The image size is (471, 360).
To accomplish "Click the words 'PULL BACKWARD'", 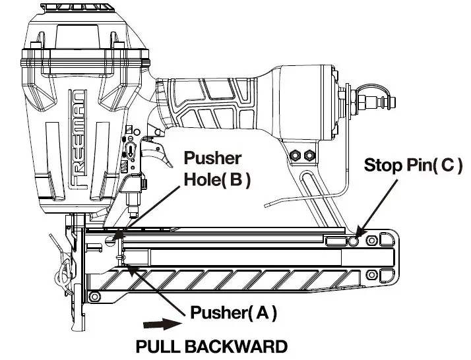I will [x=211, y=346].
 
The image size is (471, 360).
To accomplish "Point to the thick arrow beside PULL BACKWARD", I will [x=162, y=324].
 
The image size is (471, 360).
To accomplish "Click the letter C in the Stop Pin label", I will [x=447, y=165].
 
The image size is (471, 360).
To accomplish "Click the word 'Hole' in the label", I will [x=201, y=179].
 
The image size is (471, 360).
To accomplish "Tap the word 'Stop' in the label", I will [x=380, y=165].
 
